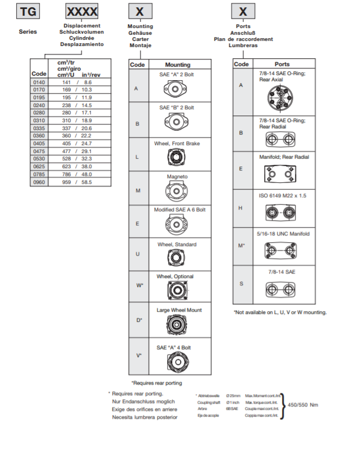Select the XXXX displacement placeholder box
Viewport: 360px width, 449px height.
[x=82, y=11]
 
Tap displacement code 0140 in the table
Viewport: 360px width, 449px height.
[x=39, y=82]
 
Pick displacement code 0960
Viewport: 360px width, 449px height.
[x=39, y=183]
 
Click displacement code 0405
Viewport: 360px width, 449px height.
[x=39, y=144]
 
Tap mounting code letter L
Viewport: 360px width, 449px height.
[x=137, y=156]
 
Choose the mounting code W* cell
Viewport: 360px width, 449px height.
[x=139, y=285]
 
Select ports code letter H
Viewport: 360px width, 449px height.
[x=241, y=208]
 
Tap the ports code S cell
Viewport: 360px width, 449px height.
[x=241, y=284]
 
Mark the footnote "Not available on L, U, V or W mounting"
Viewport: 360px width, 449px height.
[x=280, y=312]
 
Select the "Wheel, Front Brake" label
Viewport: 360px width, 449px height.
[x=177, y=144]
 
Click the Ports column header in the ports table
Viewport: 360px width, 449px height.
[x=282, y=64]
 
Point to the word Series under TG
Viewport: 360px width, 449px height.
[x=27, y=32]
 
